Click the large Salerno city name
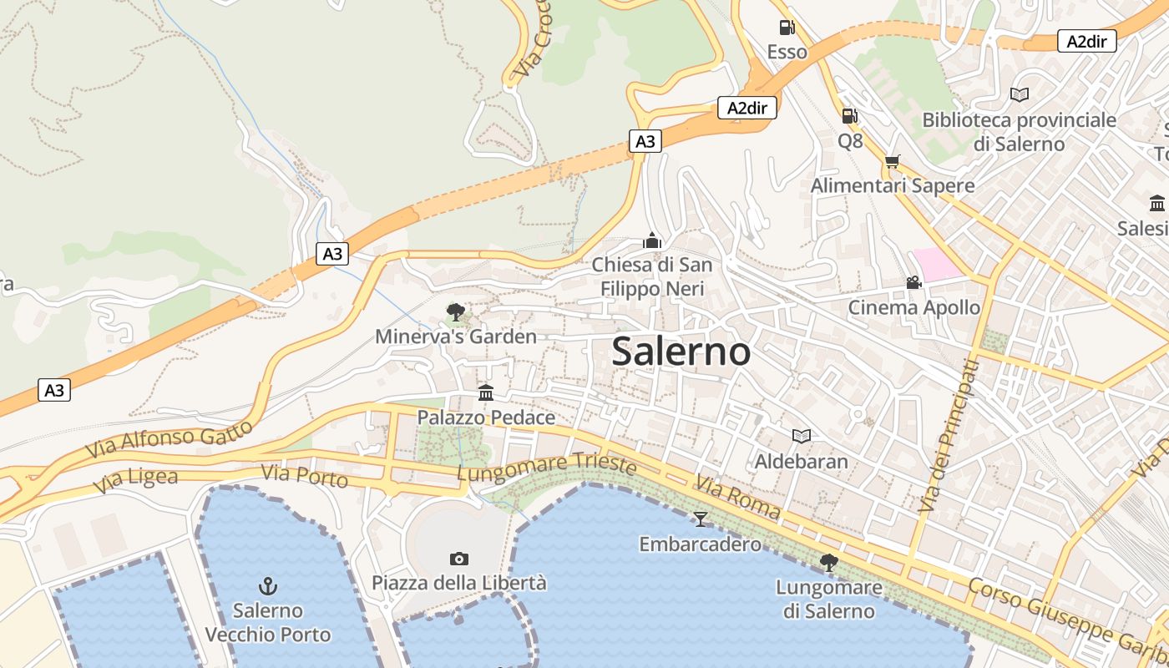tap(681, 352)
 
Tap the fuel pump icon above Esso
tap(787, 28)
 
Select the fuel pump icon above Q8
tap(850, 116)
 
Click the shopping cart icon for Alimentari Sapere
tap(893, 161)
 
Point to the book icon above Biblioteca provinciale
tap(1019, 95)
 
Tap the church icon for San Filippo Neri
tap(652, 241)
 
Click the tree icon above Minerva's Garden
tap(456, 312)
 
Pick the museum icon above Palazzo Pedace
tap(486, 392)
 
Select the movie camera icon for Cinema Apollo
tap(914, 283)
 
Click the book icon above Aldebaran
tap(801, 436)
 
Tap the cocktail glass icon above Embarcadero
tap(700, 519)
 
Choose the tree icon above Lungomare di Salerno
tap(828, 562)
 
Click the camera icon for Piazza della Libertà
tap(458, 559)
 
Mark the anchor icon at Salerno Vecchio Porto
tap(268, 585)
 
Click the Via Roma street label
tap(737, 498)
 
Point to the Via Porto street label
tap(304, 477)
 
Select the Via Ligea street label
tap(135, 480)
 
